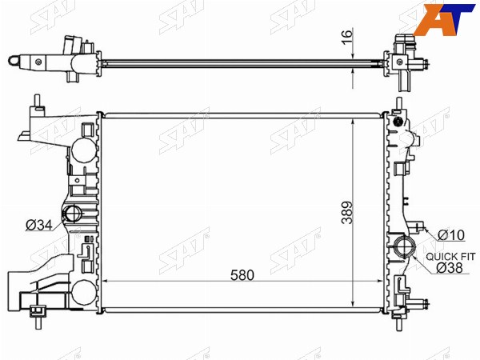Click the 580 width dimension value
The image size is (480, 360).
(242, 275)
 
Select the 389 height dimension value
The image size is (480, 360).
(347, 213)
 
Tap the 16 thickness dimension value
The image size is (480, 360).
(347, 37)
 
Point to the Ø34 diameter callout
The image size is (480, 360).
(39, 226)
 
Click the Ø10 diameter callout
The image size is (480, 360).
(451, 235)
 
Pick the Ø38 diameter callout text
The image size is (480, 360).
(450, 268)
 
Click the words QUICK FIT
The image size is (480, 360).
(450, 257)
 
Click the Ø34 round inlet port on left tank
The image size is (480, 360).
(72, 213)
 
